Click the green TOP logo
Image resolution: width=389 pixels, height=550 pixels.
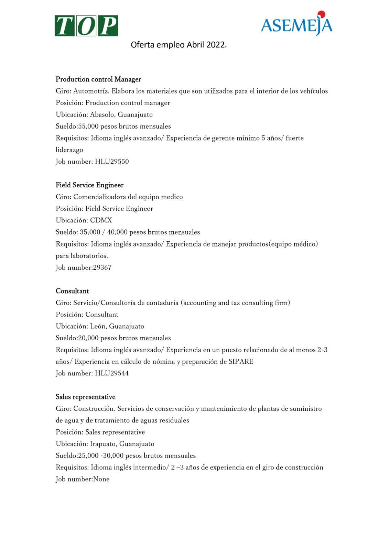[x=86, y=26]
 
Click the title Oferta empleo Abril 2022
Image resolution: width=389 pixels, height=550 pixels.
[x=179, y=45]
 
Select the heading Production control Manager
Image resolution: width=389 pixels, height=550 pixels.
[x=98, y=79]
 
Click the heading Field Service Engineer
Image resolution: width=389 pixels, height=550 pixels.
[x=89, y=185]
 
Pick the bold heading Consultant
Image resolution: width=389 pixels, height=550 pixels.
[x=72, y=291]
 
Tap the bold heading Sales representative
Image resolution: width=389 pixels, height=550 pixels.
[x=85, y=397]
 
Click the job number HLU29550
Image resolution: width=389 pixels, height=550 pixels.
[x=112, y=162]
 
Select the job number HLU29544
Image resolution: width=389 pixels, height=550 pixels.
[x=112, y=373]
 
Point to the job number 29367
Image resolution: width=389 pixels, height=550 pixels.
[x=102, y=267]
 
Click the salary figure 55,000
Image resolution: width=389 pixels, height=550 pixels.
[x=88, y=126]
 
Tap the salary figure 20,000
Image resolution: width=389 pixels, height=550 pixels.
[x=88, y=338]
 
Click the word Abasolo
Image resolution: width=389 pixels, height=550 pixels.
[x=102, y=115]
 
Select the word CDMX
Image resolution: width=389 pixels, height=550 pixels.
[x=101, y=220]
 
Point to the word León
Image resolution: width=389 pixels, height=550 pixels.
[x=98, y=326]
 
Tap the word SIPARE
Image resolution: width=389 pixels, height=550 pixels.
[x=241, y=362]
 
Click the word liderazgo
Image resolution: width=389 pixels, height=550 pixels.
[x=69, y=150]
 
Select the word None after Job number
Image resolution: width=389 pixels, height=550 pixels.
[x=101, y=479]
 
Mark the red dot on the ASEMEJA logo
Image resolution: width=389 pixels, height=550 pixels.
[x=322, y=14]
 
